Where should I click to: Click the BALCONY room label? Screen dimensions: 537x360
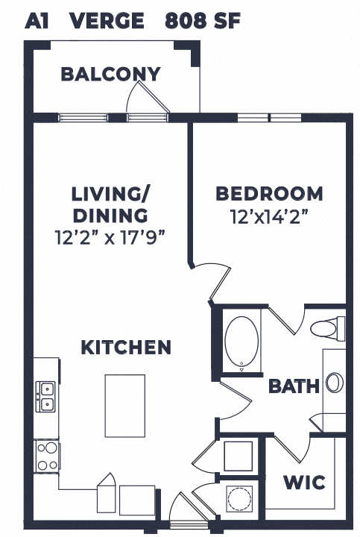(110, 74)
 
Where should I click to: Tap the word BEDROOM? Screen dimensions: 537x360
(269, 194)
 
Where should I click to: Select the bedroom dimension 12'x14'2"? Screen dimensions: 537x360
(269, 219)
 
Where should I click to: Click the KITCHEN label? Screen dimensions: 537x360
(126, 347)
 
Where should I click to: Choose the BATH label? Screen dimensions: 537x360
(294, 386)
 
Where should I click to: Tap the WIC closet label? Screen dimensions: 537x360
(303, 483)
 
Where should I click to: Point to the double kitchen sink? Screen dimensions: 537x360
(45, 397)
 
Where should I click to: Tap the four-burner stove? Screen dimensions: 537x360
(46, 453)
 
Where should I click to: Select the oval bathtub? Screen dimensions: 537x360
(242, 343)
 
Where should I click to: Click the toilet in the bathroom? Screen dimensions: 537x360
(327, 327)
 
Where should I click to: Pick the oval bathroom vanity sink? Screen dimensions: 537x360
(335, 383)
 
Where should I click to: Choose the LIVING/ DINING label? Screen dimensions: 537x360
(110, 204)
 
